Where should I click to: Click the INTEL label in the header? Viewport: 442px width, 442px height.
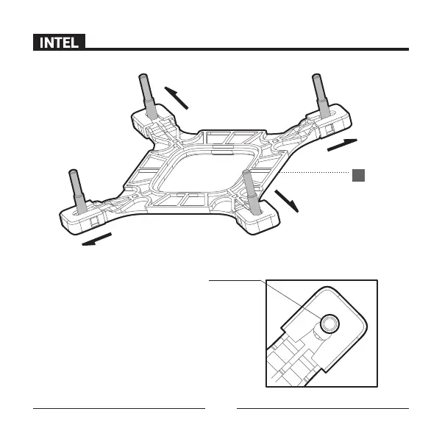pyautogui.click(x=59, y=43)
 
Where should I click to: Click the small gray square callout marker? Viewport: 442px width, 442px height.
pyautogui.click(x=357, y=174)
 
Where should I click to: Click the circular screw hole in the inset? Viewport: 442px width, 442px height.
pyautogui.click(x=328, y=321)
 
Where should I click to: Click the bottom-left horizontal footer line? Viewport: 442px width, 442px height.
pyautogui.click(x=118, y=407)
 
